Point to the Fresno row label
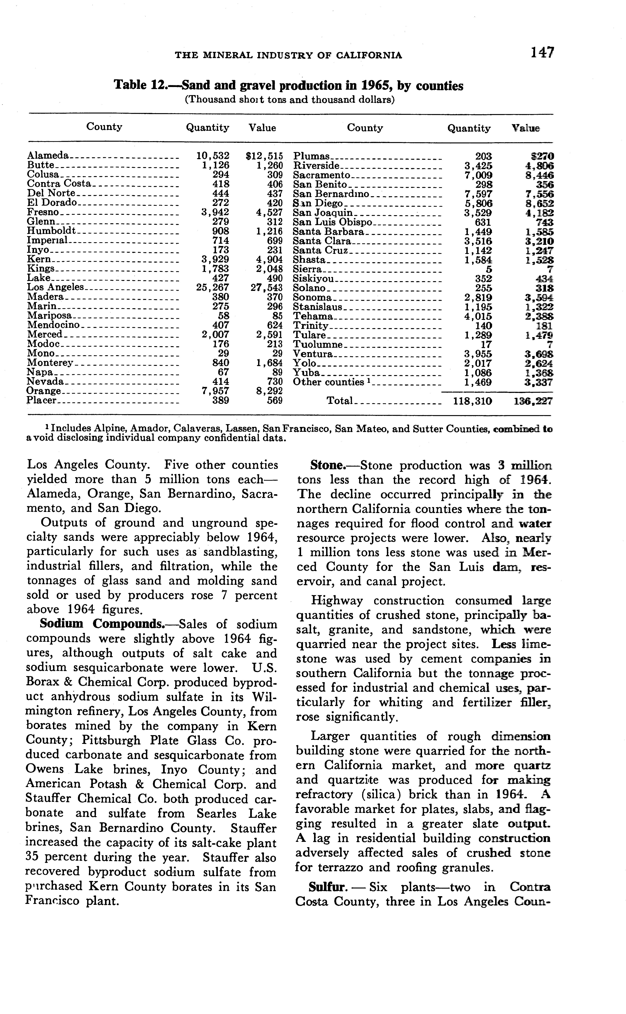point(43,212)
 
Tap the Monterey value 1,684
point(269,363)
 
